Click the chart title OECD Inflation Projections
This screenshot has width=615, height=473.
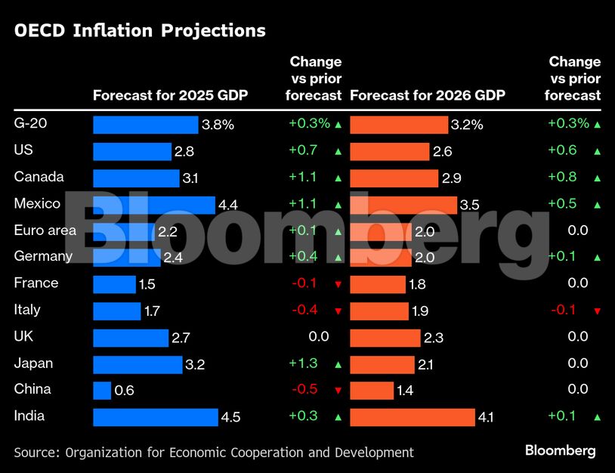[x=140, y=30]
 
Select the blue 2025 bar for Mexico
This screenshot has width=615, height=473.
[x=153, y=205]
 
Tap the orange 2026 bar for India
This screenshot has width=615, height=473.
[x=413, y=416]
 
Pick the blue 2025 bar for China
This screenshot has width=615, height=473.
[x=102, y=390]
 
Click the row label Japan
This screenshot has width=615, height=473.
[x=33, y=363]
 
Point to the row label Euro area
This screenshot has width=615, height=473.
[x=45, y=230]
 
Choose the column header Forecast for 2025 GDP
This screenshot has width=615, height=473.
[x=170, y=96]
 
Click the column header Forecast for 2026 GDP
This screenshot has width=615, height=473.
[x=428, y=96]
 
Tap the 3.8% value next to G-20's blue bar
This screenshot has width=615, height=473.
[x=218, y=125]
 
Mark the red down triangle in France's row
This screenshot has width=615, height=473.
[x=338, y=284]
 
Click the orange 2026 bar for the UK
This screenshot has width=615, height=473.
[x=385, y=337]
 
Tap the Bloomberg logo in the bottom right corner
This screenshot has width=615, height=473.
[x=560, y=451]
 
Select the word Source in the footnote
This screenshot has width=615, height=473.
[x=36, y=453]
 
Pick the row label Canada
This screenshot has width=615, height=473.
[x=39, y=177]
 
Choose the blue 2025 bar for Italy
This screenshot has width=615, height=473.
[x=116, y=311]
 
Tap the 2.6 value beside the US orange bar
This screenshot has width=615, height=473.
[x=442, y=152]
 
